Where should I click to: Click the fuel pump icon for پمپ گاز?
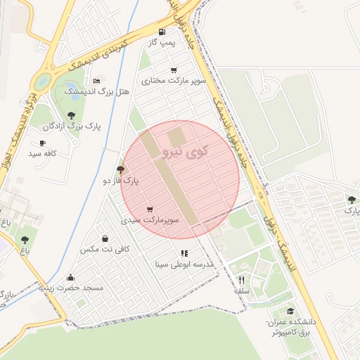coord(162,32)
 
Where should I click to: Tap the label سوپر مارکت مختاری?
coord(174,82)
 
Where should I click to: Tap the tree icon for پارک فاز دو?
coord(121,169)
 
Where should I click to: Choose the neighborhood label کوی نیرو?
coord(181,150)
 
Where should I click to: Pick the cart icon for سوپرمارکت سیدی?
coord(150,209)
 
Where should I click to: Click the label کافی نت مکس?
coord(97,250)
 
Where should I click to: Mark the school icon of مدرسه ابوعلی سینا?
coord(184,253)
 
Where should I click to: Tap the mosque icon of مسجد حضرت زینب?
coord(70,277)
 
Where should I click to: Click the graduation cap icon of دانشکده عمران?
coord(290,311)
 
